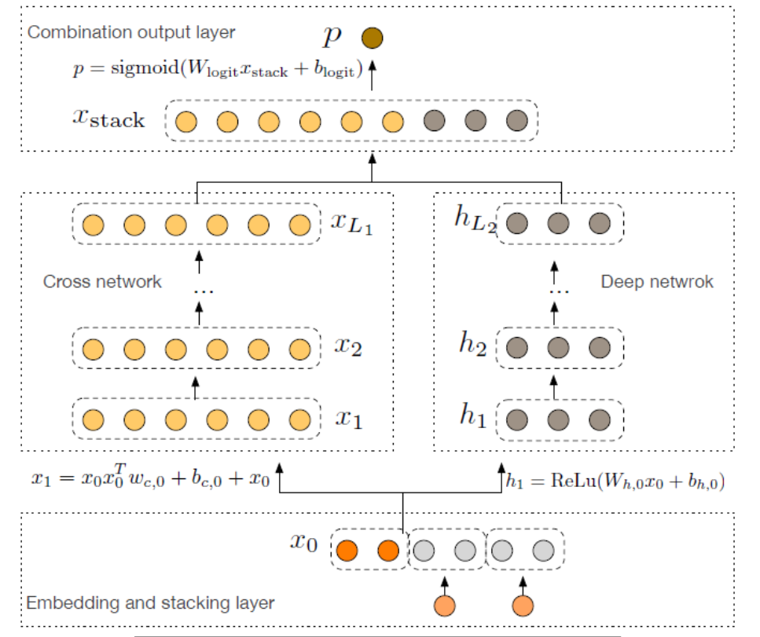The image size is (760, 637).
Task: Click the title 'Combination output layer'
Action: click(130, 33)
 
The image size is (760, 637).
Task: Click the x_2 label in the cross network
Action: click(348, 346)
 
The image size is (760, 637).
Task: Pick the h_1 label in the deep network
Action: click(474, 416)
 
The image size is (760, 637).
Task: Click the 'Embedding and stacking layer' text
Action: click(150, 603)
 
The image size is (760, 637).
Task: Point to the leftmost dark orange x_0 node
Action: click(347, 551)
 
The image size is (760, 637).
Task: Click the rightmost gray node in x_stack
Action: click(516, 122)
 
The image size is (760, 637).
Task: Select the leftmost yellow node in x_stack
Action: click(185, 122)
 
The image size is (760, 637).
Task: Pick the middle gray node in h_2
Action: click(558, 346)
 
